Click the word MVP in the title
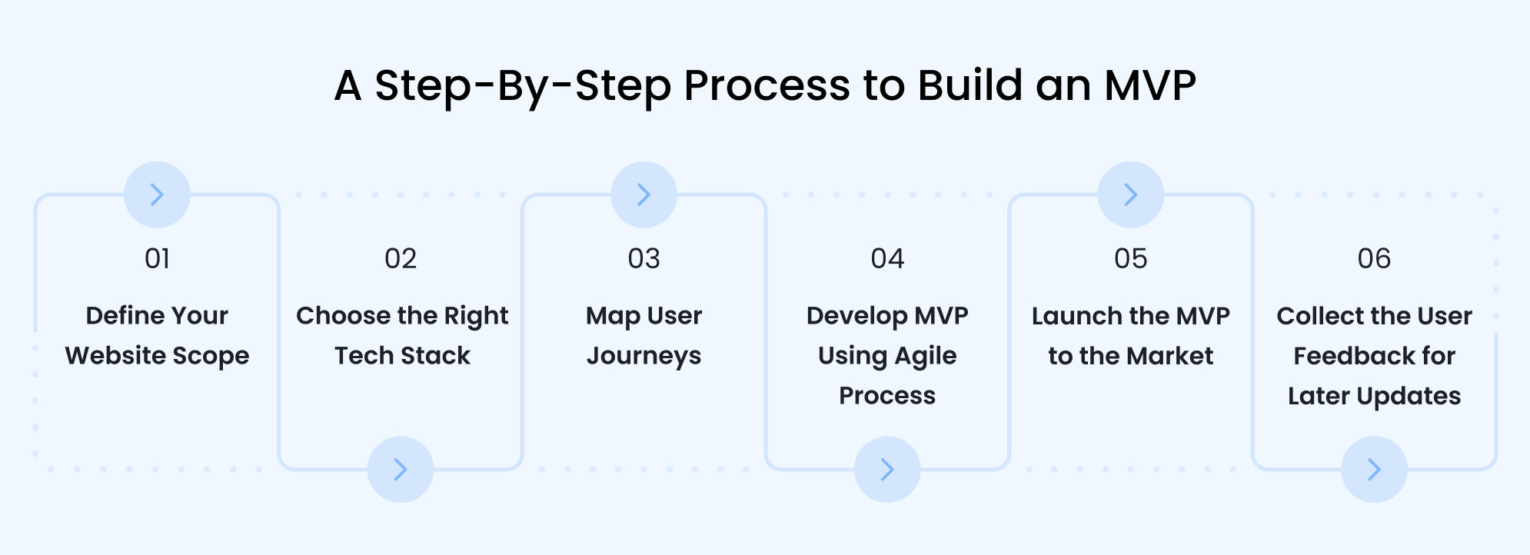(1150, 85)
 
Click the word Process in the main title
(767, 85)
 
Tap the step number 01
(157, 259)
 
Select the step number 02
(401, 259)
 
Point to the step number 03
(644, 259)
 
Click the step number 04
(887, 259)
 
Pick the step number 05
(1130, 259)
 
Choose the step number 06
(1374, 259)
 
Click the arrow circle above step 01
(157, 194)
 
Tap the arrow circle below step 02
(401, 469)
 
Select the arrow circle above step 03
(644, 194)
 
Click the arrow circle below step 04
(887, 469)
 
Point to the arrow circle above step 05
(1130, 194)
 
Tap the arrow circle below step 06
(1374, 469)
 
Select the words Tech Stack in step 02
(402, 356)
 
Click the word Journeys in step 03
(644, 357)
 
